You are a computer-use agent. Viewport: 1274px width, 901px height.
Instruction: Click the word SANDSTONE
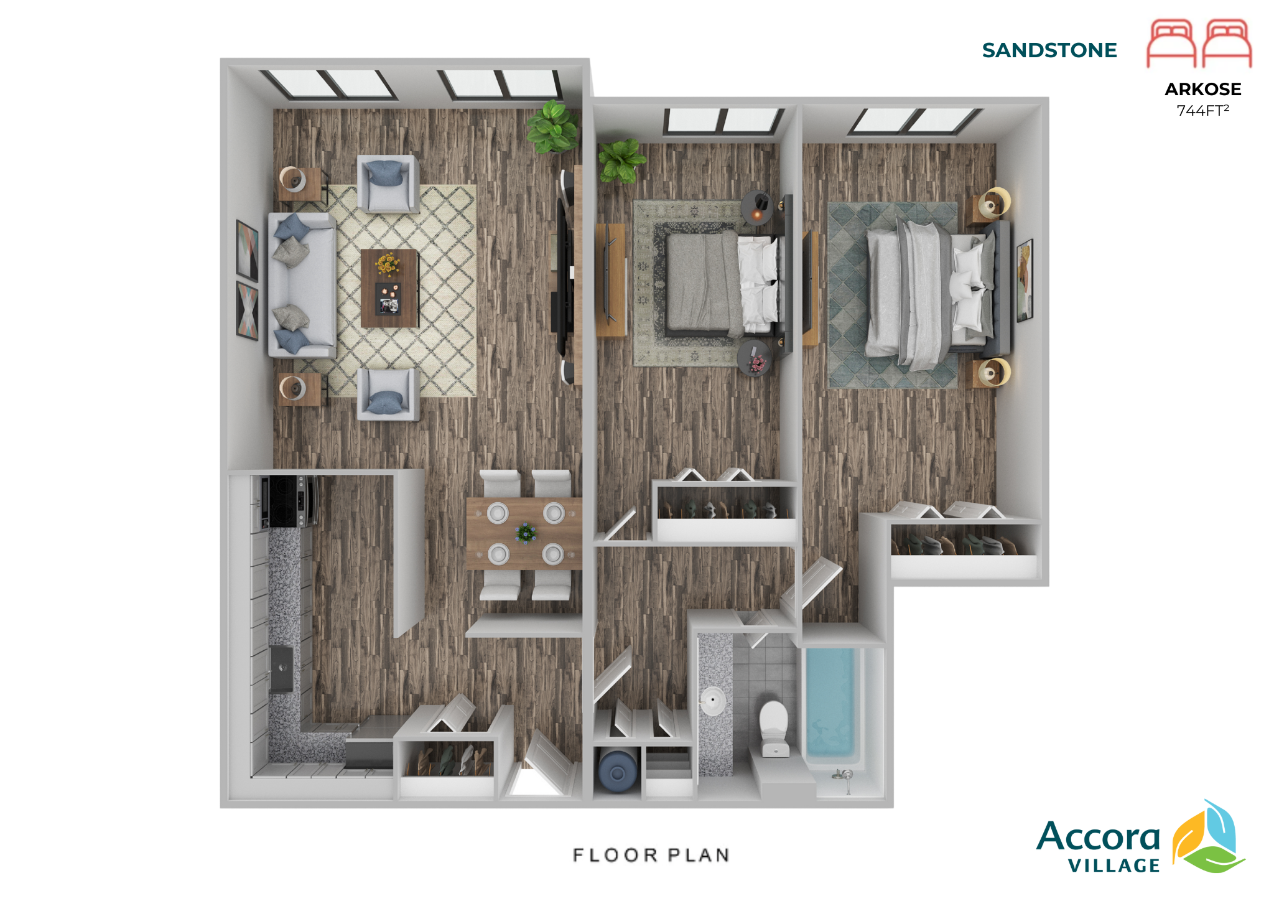(x=1049, y=50)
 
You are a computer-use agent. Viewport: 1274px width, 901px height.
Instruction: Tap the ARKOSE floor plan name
(x=1202, y=89)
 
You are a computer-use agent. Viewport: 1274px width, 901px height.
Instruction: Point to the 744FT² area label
(x=1202, y=111)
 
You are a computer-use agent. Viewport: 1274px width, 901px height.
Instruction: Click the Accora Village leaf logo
(x=1208, y=837)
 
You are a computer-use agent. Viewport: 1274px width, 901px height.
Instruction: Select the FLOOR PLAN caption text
(x=651, y=855)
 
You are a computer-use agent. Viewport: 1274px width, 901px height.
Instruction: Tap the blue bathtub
(x=830, y=703)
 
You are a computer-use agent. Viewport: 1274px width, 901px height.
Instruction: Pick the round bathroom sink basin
(x=713, y=701)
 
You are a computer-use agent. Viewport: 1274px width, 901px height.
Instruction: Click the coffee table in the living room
(x=390, y=288)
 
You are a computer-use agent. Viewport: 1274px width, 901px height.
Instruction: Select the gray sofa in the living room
(x=302, y=285)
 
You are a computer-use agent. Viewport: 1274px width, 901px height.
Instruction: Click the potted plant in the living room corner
(x=552, y=127)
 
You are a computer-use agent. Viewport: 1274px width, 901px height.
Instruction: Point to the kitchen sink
(x=281, y=669)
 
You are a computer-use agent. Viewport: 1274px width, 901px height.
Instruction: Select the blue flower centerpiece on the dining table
(x=526, y=533)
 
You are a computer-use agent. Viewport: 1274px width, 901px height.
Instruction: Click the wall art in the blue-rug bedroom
(x=1025, y=280)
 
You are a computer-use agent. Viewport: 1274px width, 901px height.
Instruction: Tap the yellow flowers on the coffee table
(x=387, y=264)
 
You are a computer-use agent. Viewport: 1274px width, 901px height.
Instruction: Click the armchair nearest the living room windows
(x=387, y=184)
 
